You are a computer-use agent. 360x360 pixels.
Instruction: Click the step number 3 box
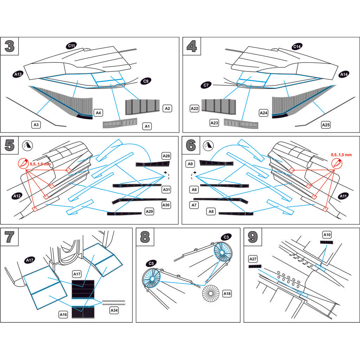(10, 46)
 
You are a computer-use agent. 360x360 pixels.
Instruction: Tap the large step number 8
(145, 237)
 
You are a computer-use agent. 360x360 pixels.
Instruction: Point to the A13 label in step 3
(18, 74)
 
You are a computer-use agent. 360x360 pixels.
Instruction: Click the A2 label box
(167, 108)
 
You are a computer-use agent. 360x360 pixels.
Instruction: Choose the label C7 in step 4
(206, 85)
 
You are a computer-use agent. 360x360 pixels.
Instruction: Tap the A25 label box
(326, 124)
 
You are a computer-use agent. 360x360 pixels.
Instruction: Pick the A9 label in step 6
(190, 163)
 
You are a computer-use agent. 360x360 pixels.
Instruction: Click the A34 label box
(114, 310)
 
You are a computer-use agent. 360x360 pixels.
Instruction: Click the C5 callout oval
(151, 263)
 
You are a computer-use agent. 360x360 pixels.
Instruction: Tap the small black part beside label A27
(255, 266)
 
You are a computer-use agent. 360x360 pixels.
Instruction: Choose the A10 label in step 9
(327, 234)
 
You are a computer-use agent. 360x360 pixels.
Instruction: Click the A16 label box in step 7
(63, 315)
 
